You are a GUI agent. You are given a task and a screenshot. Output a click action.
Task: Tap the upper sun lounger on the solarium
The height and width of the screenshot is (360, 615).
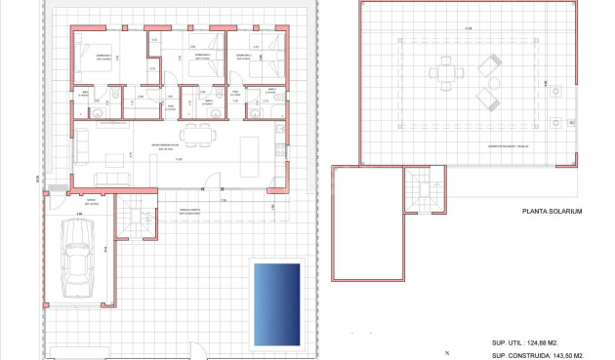click(x=488, y=65)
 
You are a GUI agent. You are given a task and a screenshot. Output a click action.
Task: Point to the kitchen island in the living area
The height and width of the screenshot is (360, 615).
click(x=249, y=150)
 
